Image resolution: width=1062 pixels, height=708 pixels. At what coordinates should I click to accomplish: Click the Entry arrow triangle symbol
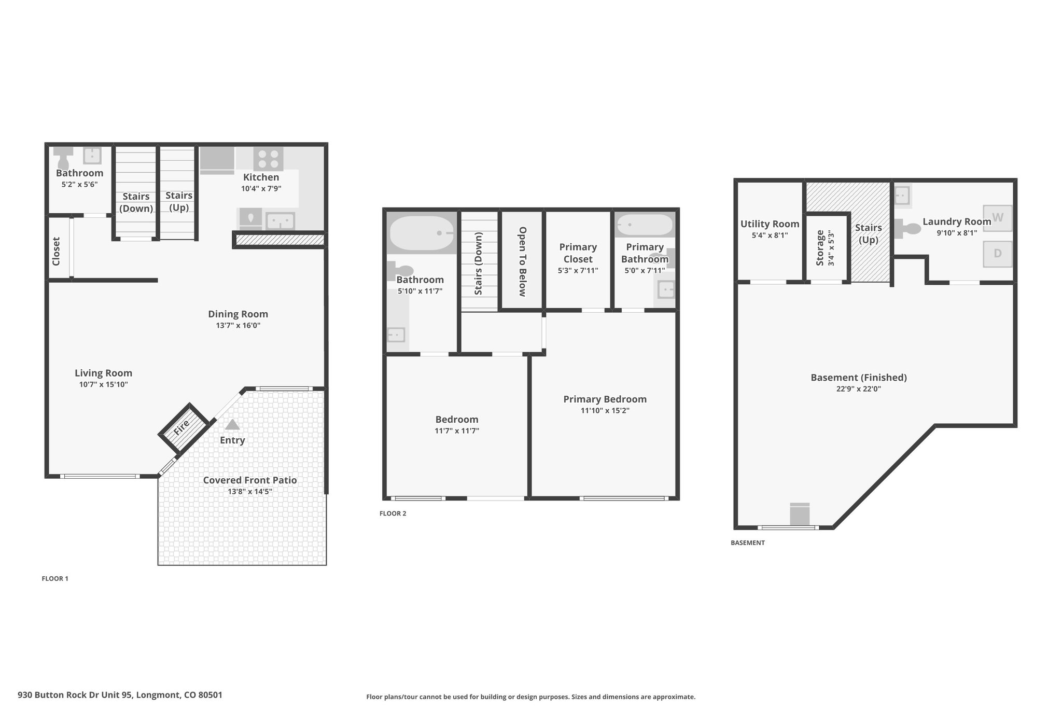[232, 424]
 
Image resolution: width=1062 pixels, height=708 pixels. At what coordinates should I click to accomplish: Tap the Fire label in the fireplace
[181, 427]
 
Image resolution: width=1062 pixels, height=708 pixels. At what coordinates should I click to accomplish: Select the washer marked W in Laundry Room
[998, 218]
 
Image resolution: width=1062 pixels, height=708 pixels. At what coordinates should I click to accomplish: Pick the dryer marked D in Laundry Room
[998, 254]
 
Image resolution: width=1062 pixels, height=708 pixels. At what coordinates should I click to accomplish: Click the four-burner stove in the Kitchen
[269, 159]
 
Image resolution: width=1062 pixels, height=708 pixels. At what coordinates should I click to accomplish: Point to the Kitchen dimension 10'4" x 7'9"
[261, 189]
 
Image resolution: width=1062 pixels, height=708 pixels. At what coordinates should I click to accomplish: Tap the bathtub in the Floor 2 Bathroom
[422, 233]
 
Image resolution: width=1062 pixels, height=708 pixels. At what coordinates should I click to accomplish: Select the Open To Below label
[523, 261]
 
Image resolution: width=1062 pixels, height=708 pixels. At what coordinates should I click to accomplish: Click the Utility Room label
[770, 224]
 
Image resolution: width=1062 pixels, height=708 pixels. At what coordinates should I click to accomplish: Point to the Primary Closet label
[578, 253]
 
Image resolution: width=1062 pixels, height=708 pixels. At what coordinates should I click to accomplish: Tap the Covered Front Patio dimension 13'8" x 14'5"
[250, 492]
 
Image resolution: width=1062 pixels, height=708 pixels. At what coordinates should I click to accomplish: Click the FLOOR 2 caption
[393, 513]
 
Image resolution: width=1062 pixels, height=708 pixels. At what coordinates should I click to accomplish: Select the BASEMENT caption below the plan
[748, 543]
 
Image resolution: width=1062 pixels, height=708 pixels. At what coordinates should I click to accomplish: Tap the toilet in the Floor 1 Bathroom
[63, 158]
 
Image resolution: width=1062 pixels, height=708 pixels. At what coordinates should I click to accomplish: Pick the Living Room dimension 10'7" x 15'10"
[104, 385]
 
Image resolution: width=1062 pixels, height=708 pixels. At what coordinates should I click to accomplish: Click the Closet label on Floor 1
[57, 252]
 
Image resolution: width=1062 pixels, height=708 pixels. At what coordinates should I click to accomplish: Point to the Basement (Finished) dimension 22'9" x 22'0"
[859, 389]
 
